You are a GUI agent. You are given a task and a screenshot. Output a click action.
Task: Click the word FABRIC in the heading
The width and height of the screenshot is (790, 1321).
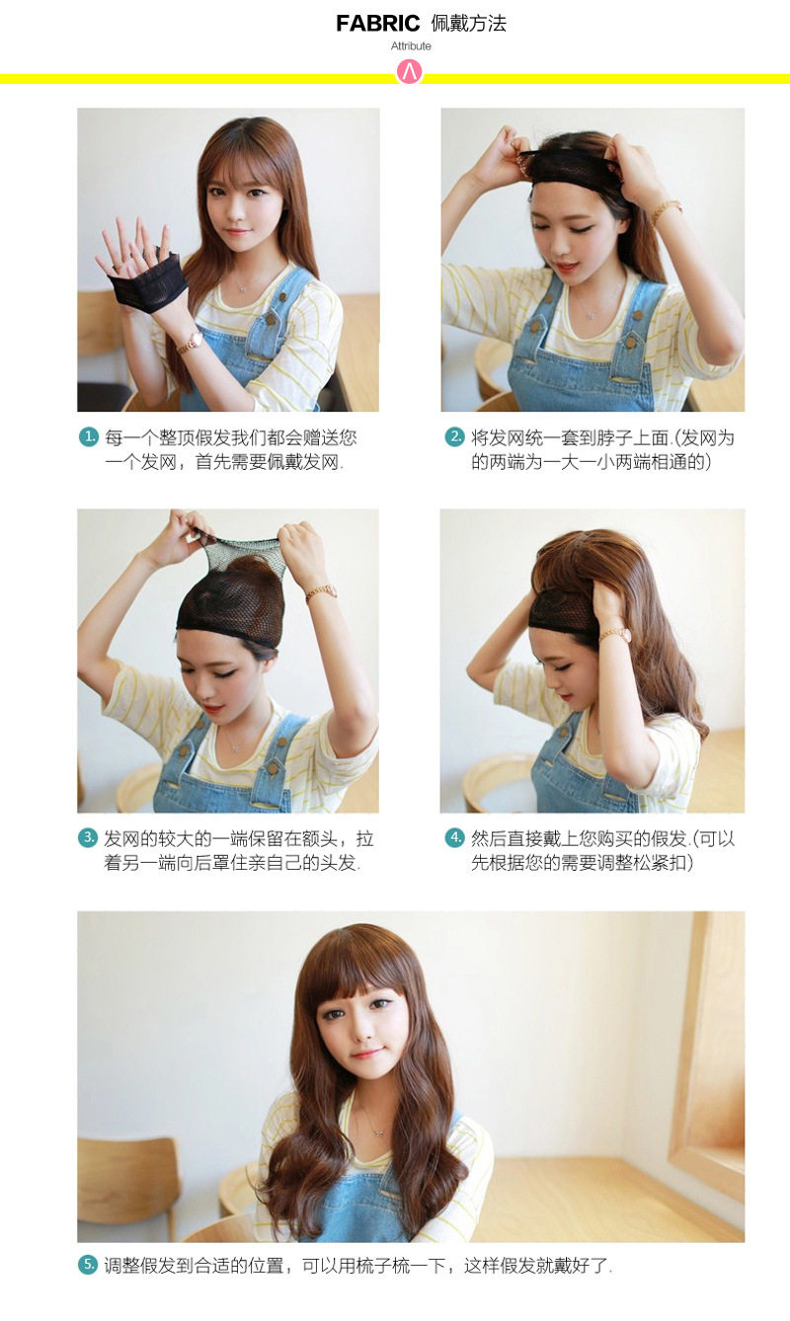coord(377,24)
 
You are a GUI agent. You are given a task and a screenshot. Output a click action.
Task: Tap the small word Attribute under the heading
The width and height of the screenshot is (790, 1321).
coord(411,46)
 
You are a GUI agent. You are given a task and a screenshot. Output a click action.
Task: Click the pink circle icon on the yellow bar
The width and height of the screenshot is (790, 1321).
coord(409,72)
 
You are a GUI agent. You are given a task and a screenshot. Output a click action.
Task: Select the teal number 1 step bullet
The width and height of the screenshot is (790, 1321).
coord(89,436)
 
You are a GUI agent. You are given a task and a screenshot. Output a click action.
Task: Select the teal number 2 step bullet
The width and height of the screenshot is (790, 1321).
coord(455,436)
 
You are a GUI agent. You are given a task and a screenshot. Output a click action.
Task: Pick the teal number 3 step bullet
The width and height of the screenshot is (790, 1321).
coord(89,838)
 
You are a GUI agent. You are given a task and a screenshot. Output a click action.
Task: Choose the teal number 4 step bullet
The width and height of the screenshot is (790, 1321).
coord(455,838)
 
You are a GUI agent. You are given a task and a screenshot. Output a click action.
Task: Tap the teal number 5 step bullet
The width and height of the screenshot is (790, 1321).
coord(89,1265)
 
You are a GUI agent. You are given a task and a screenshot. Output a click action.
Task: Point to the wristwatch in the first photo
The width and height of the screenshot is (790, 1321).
coord(190,342)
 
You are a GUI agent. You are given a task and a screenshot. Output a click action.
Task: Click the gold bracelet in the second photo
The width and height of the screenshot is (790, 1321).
coord(666,210)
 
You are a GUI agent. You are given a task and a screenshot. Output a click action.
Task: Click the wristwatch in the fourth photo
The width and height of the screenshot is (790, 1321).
coord(614,635)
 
